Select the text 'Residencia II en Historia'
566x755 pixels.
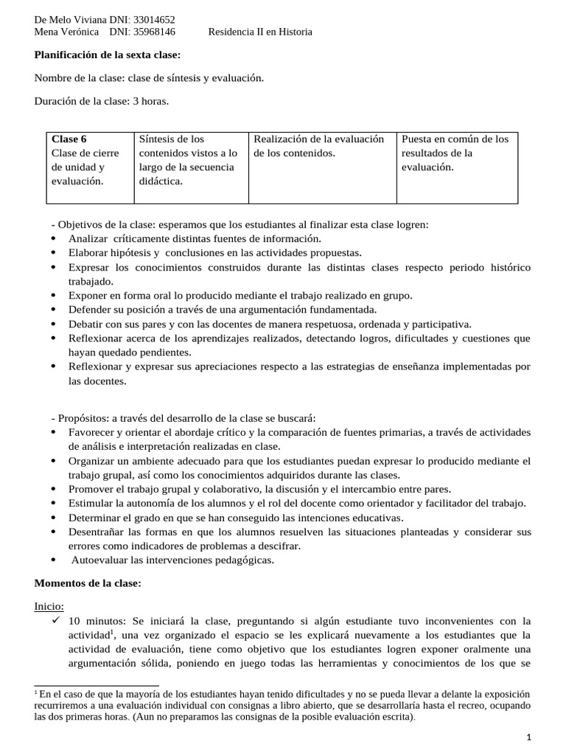(x=260, y=32)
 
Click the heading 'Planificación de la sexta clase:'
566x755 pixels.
(x=108, y=55)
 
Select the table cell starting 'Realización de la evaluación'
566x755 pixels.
(x=319, y=146)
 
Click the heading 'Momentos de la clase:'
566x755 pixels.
(x=88, y=583)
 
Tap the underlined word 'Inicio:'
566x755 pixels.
(x=49, y=606)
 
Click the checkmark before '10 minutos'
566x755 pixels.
(x=55, y=620)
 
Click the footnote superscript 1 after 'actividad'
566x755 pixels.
(x=111, y=632)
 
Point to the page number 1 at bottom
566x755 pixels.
(x=528, y=737)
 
